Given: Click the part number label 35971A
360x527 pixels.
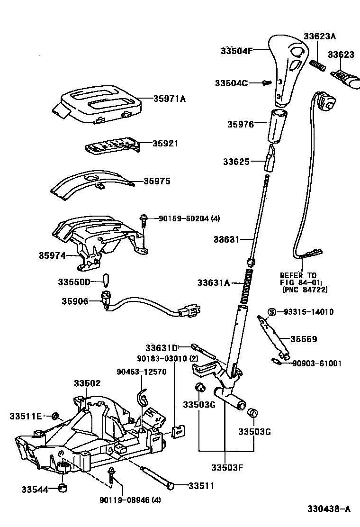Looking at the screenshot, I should coord(169,99).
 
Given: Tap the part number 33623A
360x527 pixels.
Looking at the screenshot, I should coord(319,36).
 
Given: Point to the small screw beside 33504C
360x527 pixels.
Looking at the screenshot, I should coord(266,83).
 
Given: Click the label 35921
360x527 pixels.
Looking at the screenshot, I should coord(165,143).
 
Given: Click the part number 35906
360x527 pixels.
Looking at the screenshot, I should coord(74,300).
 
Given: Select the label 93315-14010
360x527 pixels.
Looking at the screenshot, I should coord(308,312).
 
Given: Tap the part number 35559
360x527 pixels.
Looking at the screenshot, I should coord(304,339).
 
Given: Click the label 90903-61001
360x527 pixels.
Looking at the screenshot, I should coord(316,363).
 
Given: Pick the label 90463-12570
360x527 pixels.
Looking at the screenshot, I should coord(141,372).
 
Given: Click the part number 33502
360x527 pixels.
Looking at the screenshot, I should coord(87,382).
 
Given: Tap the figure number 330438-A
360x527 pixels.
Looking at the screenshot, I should coord(328,509).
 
